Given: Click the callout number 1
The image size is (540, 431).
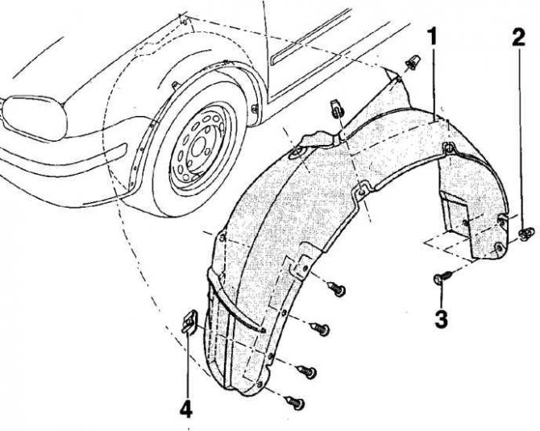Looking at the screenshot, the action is [432, 38].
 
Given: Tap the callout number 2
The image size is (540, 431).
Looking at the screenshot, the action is [519, 38].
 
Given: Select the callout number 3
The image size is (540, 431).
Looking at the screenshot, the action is [441, 320].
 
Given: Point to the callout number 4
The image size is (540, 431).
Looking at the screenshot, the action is [186, 409].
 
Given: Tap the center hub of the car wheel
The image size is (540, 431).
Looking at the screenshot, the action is [197, 149].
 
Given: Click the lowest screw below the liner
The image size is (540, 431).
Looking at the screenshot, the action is [295, 402].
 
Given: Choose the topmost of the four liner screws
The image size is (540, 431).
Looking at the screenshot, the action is [336, 288].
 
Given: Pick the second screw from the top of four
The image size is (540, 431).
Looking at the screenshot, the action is [320, 329].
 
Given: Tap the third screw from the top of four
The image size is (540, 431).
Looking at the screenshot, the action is [307, 371].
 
